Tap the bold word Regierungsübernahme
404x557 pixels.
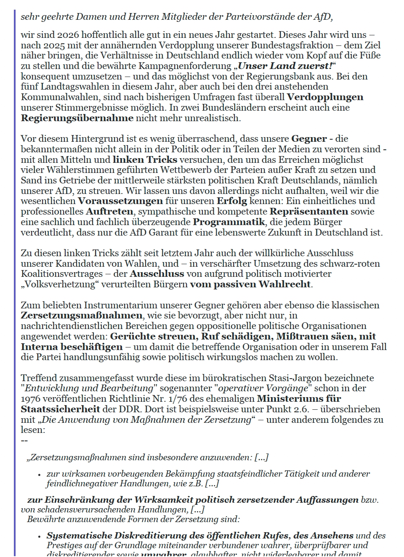pyautogui.click(x=77, y=118)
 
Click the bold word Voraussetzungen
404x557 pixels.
pyautogui.click(x=120, y=201)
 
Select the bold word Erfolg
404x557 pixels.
pyautogui.click(x=232, y=201)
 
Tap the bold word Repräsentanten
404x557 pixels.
pyautogui.click(x=309, y=212)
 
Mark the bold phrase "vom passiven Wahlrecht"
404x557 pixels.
pyautogui.click(x=250, y=284)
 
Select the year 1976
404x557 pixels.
pyautogui.click(x=30, y=399)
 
